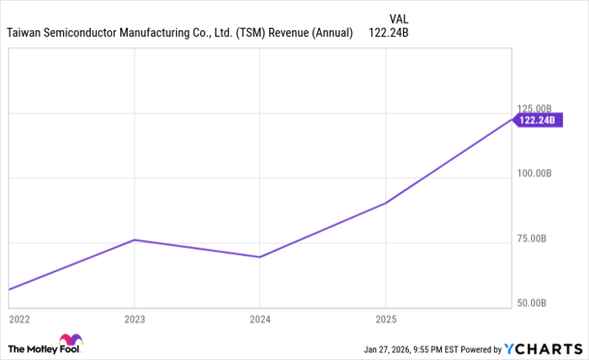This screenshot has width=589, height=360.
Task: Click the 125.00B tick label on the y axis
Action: (533, 109)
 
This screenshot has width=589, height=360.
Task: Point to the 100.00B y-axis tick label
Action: (533, 173)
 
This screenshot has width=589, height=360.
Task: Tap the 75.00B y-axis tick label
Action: (535, 238)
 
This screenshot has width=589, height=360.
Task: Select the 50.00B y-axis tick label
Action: (535, 303)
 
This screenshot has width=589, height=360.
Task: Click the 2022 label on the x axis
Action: (19, 320)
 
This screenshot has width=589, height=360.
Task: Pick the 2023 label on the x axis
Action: (134, 320)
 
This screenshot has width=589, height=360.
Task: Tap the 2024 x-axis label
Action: (259, 320)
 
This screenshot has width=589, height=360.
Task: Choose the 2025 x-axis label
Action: (385, 320)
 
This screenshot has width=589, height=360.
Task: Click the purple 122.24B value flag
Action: (539, 120)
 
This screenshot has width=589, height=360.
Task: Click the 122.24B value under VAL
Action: (389, 33)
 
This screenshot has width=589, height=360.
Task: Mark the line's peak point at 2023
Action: (134, 240)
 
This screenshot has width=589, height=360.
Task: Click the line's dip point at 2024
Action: (259, 257)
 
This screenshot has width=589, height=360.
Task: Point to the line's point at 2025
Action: (385, 203)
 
